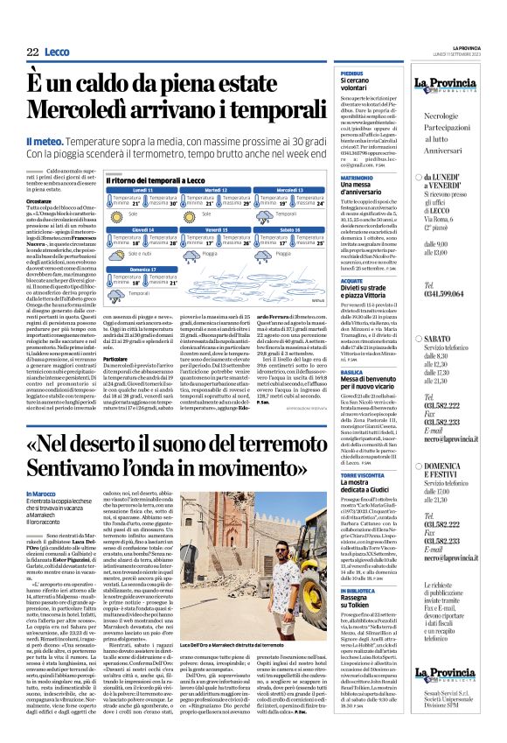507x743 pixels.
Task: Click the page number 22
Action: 32,53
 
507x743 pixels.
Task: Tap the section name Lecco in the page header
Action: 57,53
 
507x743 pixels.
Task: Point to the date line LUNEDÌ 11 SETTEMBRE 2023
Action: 475,53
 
